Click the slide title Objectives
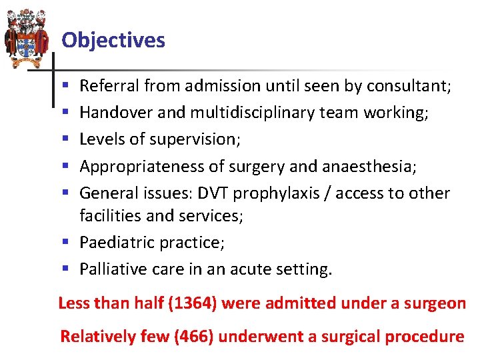click(113, 41)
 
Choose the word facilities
click(107, 215)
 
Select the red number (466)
click(194, 337)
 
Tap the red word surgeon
click(436, 303)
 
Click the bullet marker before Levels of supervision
click(64, 140)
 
